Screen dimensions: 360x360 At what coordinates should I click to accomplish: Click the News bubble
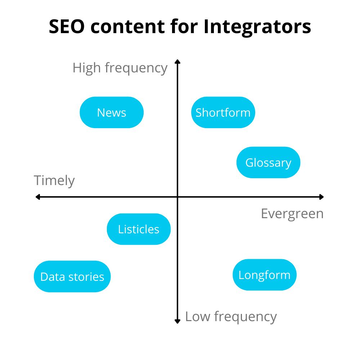tap(112, 112)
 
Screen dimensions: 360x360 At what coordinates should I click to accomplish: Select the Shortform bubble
tap(223, 112)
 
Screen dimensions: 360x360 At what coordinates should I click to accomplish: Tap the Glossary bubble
tap(268, 162)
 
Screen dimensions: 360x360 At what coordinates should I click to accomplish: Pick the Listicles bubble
tap(139, 229)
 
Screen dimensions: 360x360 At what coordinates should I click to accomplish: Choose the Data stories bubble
tap(72, 276)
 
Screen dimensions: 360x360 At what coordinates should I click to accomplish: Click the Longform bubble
tap(265, 275)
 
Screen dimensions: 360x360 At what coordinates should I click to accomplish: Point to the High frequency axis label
tap(120, 68)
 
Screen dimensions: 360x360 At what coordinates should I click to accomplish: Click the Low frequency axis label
tap(231, 316)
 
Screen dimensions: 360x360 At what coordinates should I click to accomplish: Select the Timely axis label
tap(54, 180)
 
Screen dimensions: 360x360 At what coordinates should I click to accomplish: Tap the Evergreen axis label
tap(292, 213)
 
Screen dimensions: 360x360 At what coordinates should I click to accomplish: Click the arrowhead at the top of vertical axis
tap(177, 62)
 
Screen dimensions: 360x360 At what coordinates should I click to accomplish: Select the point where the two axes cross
tap(177, 197)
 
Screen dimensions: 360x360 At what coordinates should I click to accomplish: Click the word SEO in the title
tap(68, 27)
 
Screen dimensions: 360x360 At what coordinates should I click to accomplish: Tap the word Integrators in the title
tap(257, 27)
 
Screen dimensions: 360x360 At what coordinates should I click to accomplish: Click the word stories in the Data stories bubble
tap(86, 276)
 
